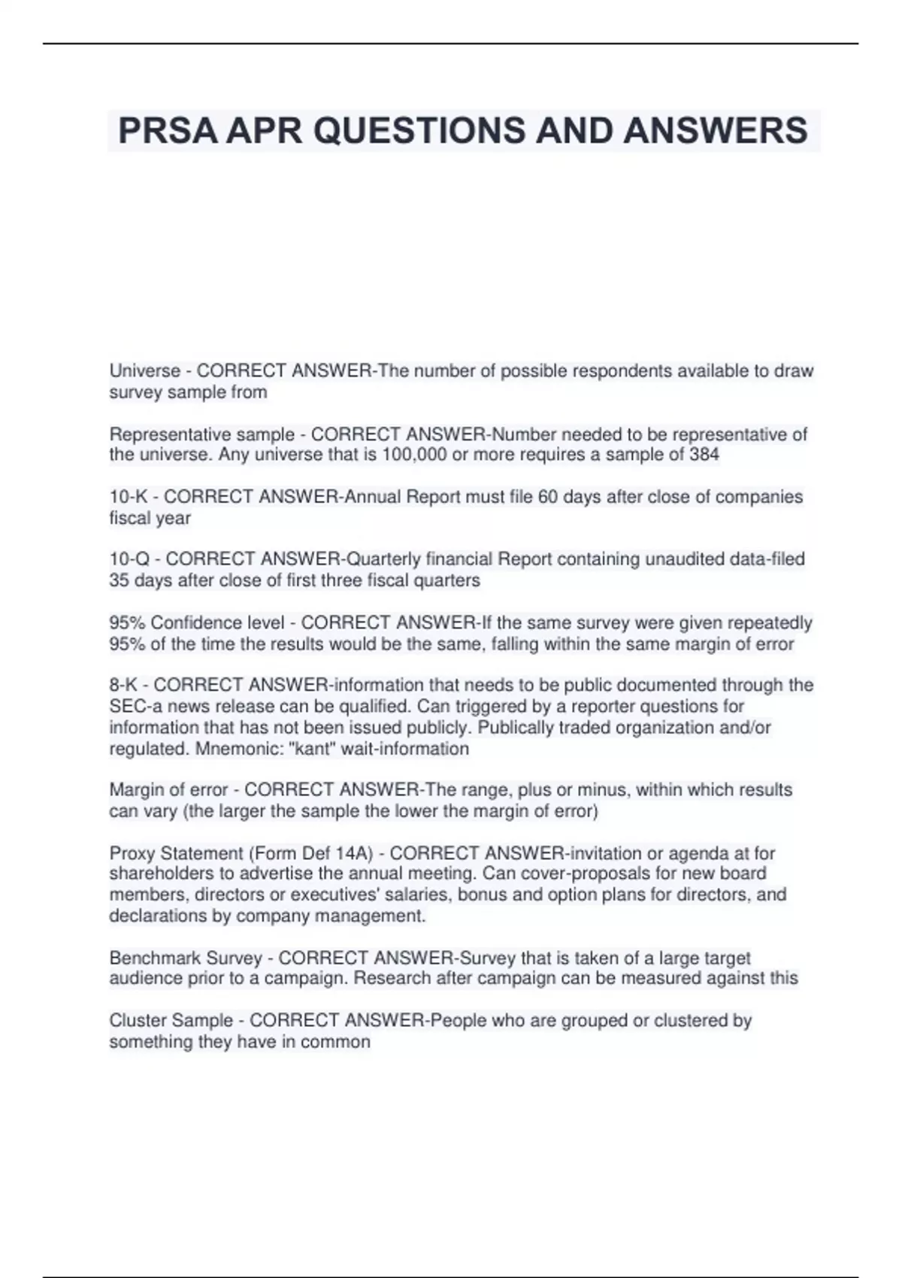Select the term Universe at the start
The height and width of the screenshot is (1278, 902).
click(144, 371)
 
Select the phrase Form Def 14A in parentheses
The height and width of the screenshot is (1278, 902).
click(319, 853)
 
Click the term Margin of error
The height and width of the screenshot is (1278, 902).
click(168, 790)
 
